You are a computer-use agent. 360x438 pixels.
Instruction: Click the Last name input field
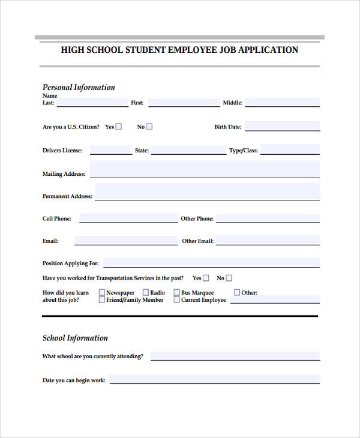pos(92,103)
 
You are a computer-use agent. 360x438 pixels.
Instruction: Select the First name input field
pos(184,103)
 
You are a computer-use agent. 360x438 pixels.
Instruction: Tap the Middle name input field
pos(282,103)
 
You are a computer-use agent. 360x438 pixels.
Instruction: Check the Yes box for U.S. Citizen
pos(119,127)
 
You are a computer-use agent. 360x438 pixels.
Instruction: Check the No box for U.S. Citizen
pos(149,127)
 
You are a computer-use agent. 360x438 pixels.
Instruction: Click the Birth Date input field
pos(282,126)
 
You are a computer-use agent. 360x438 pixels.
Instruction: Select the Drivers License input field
pos(111,150)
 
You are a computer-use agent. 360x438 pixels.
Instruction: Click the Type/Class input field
pos(290,150)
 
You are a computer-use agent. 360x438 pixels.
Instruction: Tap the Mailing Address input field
pos(205,173)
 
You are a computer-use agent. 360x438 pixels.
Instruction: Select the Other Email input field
pos(268,241)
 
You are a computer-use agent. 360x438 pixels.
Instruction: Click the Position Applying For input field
pos(211,262)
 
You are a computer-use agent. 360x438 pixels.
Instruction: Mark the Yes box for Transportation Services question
pos(206,278)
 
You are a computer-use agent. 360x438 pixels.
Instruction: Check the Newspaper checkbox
pos(101,293)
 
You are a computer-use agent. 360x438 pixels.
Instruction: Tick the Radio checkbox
pos(145,293)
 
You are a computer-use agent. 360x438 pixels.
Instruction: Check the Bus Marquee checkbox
pos(176,293)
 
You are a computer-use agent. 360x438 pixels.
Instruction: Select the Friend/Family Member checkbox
pos(101,300)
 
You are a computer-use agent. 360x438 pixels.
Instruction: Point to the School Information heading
pos(75,338)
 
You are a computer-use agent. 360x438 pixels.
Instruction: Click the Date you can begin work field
pos(214,379)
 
